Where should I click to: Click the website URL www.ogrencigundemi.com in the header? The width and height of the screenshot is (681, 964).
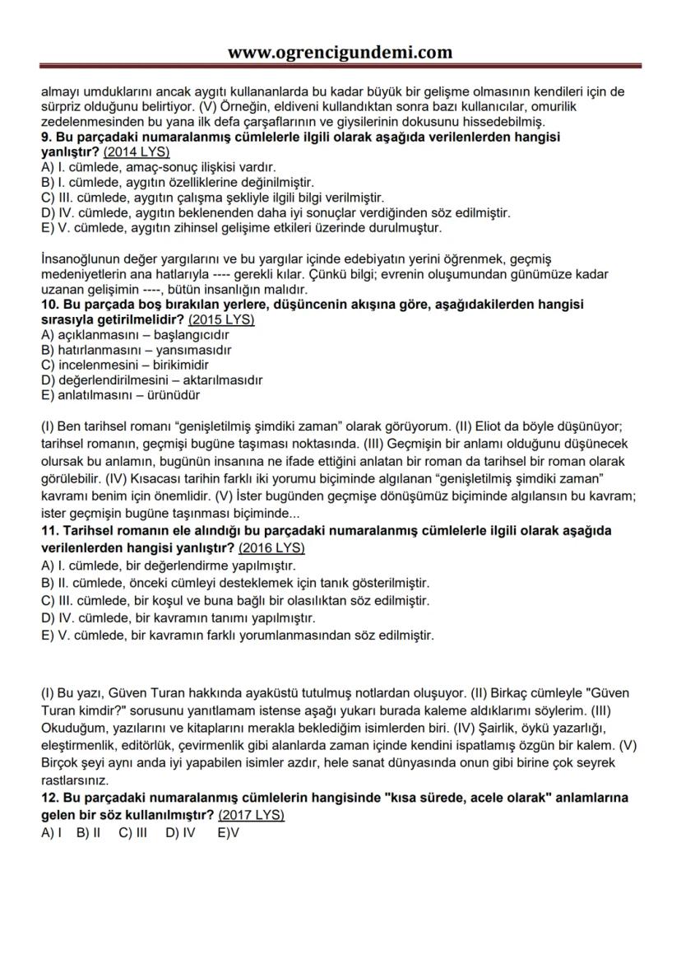tap(340, 53)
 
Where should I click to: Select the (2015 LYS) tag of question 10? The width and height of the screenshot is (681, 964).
tap(221, 319)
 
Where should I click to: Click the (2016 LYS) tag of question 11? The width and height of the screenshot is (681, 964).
tap(271, 547)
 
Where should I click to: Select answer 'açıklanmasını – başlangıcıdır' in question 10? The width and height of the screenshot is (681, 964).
tap(135, 335)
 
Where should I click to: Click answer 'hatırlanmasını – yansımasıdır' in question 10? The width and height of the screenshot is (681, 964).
tap(136, 350)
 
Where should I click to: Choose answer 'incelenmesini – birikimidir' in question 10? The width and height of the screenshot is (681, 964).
tap(125, 365)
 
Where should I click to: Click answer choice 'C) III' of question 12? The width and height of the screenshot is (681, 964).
tap(132, 833)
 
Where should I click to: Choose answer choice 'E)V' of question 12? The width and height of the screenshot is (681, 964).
tap(228, 833)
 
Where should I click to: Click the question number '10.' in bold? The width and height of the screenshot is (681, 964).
tap(50, 305)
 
